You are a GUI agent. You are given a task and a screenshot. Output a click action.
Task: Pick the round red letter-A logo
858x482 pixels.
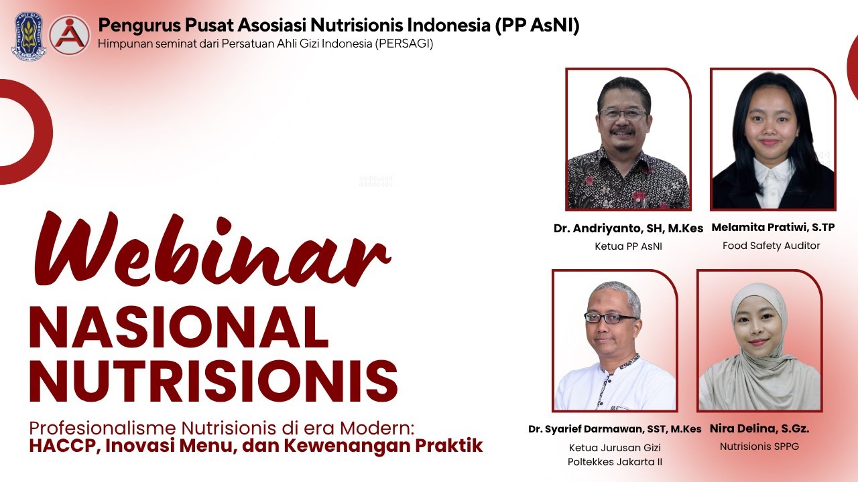(69, 35)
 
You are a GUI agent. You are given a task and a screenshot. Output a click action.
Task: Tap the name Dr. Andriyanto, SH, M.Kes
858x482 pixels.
(628, 228)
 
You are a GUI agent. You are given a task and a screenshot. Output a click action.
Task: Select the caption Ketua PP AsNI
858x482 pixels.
(628, 246)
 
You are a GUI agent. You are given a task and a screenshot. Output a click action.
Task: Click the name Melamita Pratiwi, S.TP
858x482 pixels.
(772, 228)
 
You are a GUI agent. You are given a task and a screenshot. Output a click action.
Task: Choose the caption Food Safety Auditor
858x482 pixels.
(771, 246)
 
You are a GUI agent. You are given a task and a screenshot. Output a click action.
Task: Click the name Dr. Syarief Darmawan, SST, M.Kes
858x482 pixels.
(614, 429)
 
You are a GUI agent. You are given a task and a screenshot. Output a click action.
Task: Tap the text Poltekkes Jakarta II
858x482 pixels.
(615, 462)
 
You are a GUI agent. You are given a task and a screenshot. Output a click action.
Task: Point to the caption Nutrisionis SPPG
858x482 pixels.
(759, 446)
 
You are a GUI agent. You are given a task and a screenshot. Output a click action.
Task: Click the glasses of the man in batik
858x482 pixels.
(623, 114)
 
